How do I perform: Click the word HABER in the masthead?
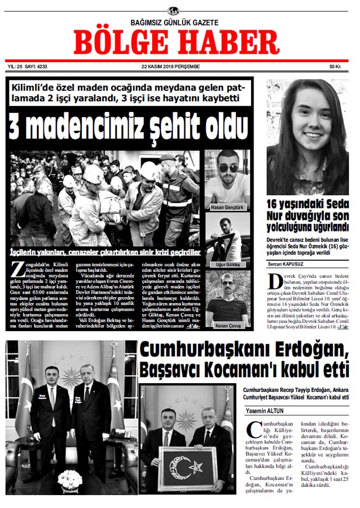[x=229, y=42]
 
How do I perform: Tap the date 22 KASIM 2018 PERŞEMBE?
[x=171, y=66]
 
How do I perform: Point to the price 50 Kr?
[x=335, y=66]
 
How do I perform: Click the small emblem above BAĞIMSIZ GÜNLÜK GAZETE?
[x=173, y=11]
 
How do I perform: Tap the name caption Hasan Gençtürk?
[x=227, y=207]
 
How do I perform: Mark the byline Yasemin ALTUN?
[x=265, y=411]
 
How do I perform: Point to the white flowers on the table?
[x=70, y=479]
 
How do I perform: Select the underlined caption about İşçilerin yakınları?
[x=105, y=253]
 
